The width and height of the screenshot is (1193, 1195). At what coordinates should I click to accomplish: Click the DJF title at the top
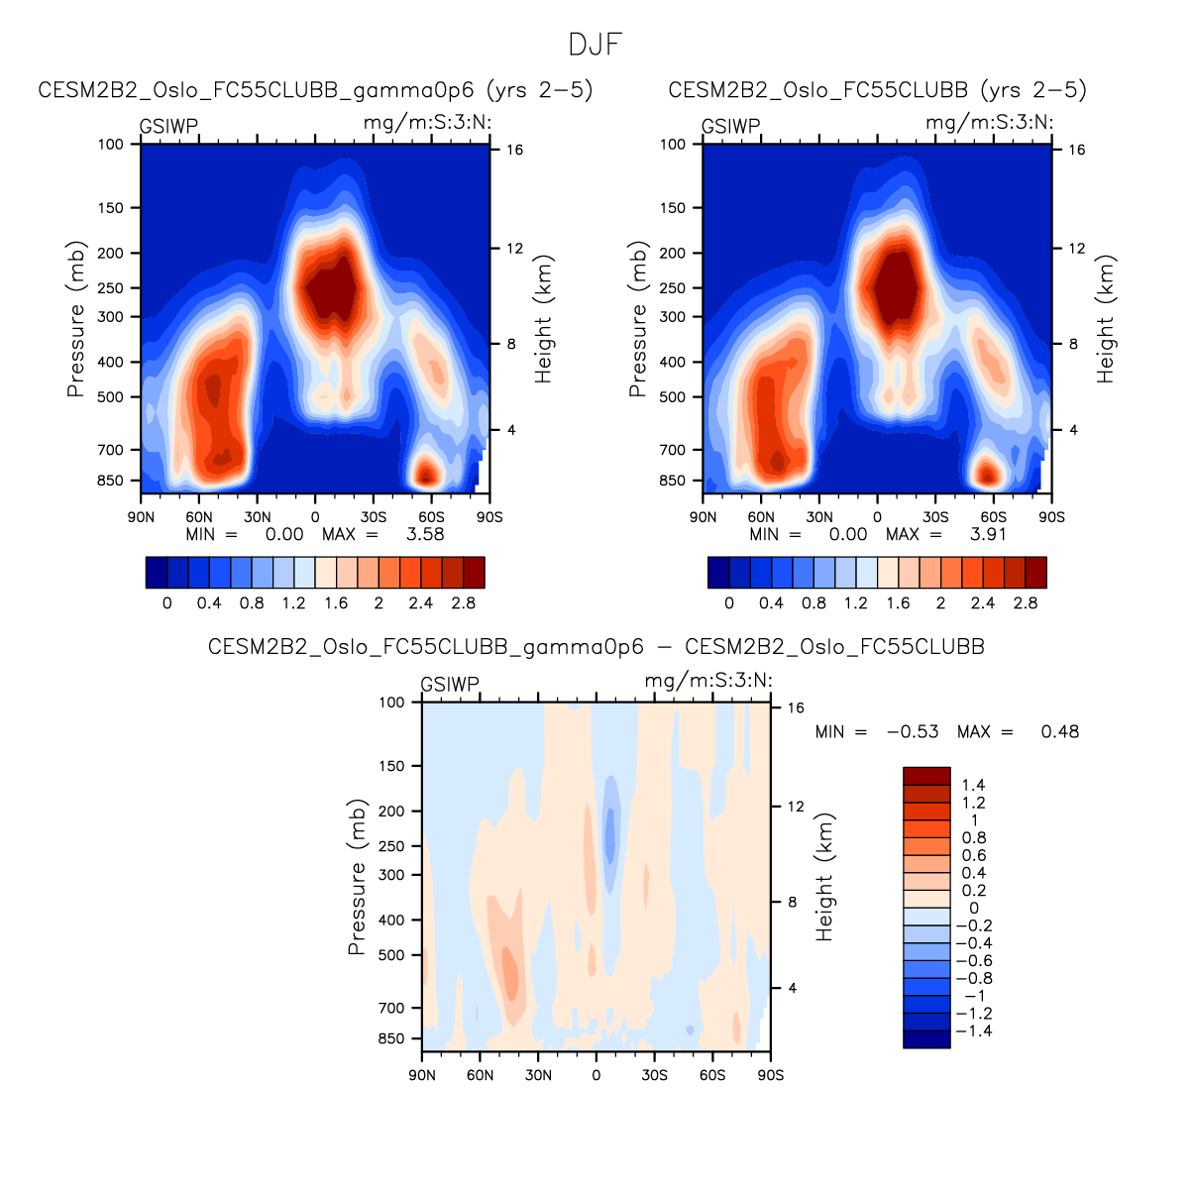tap(596, 45)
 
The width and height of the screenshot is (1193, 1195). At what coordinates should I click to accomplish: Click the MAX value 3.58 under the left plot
tap(425, 534)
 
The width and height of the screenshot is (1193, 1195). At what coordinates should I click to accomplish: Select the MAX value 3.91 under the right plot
tap(988, 534)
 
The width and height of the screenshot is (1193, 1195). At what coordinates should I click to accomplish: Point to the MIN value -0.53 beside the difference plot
tap(913, 731)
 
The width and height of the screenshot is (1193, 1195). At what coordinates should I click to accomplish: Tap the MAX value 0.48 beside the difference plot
tap(1059, 731)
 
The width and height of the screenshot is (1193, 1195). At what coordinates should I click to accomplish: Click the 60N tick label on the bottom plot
tap(480, 1075)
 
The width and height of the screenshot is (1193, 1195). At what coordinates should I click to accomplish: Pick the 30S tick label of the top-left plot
tap(374, 517)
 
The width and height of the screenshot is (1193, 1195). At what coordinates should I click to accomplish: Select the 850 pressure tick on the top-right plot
tap(673, 481)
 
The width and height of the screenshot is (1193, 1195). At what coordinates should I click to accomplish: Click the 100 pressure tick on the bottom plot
tap(392, 702)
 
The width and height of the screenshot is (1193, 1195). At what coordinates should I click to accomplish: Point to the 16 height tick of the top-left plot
tap(515, 150)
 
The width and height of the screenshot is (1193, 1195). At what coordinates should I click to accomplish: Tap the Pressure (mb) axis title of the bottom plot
tap(357, 877)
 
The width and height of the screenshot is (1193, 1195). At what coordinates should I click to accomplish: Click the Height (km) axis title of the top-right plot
tap(1106, 319)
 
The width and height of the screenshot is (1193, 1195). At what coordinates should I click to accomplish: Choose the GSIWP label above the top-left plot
tap(168, 127)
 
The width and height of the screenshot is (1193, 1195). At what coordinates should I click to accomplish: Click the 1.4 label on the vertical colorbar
tap(973, 785)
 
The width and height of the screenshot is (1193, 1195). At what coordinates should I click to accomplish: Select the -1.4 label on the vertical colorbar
tap(973, 1031)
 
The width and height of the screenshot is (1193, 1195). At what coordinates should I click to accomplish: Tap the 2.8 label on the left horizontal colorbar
tap(463, 602)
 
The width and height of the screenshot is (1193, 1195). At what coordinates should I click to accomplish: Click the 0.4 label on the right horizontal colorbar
tap(771, 602)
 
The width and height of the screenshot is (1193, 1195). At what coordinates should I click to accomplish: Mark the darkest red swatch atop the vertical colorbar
tap(926, 776)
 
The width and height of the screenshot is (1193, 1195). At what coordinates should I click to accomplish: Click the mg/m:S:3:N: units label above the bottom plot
tap(708, 681)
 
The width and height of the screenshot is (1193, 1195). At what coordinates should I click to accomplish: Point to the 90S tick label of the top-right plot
tap(1051, 517)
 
